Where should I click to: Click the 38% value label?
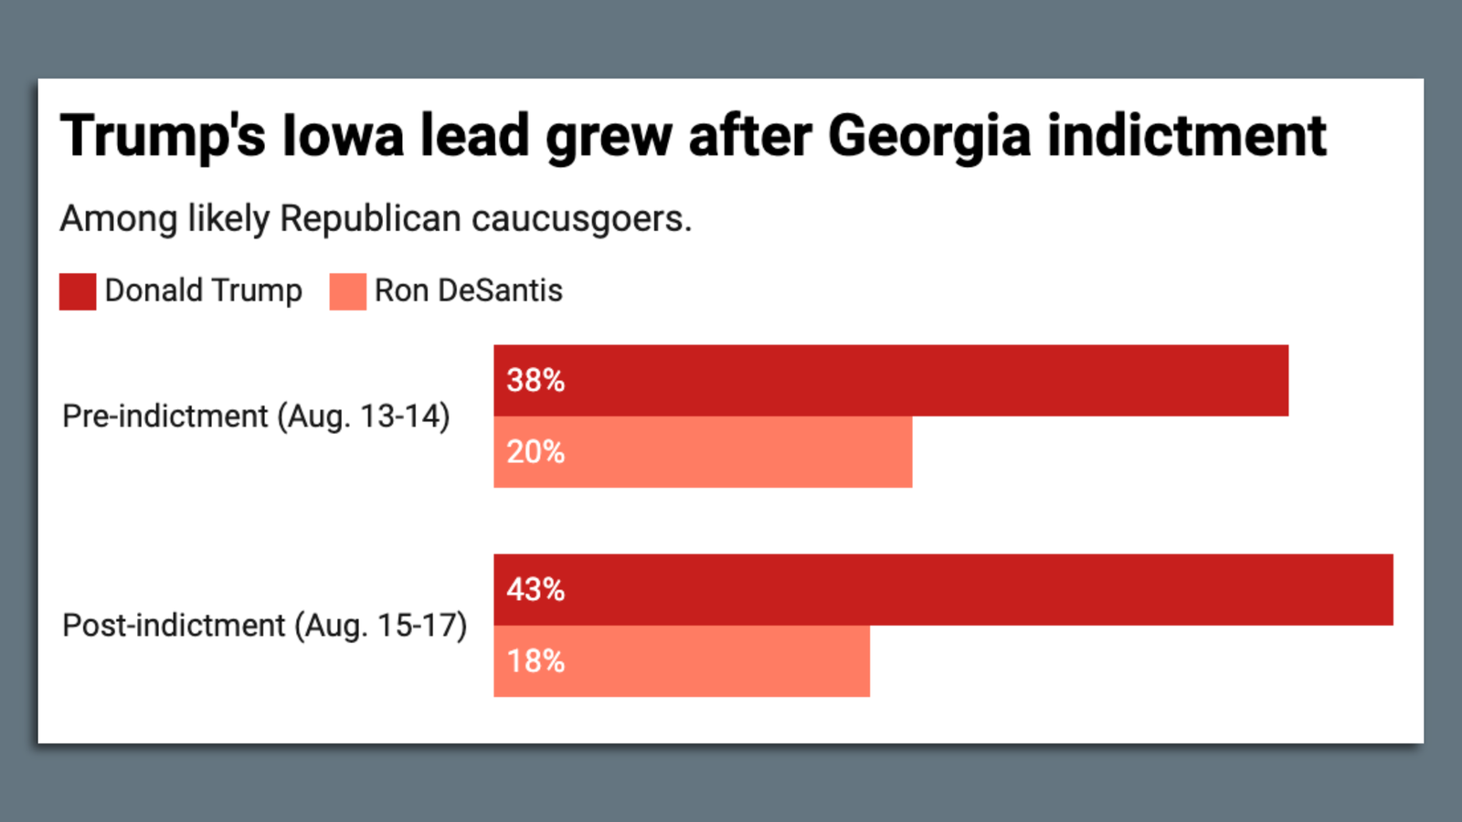point(535,380)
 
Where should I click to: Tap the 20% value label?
point(535,452)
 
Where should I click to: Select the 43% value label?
point(535,589)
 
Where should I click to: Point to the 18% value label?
point(535,661)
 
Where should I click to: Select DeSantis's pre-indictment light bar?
point(731,452)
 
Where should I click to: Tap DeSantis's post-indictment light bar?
point(713,661)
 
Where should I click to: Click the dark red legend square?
point(78,291)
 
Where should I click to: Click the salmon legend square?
point(347,291)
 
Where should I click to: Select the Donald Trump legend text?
point(203,290)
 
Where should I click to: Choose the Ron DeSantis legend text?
point(468,290)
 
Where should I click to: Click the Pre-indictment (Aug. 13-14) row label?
point(256,416)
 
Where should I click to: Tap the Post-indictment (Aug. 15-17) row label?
point(264,626)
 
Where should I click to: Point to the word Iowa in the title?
point(343,137)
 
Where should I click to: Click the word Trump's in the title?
point(163,137)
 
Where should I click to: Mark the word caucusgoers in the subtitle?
point(580,219)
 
